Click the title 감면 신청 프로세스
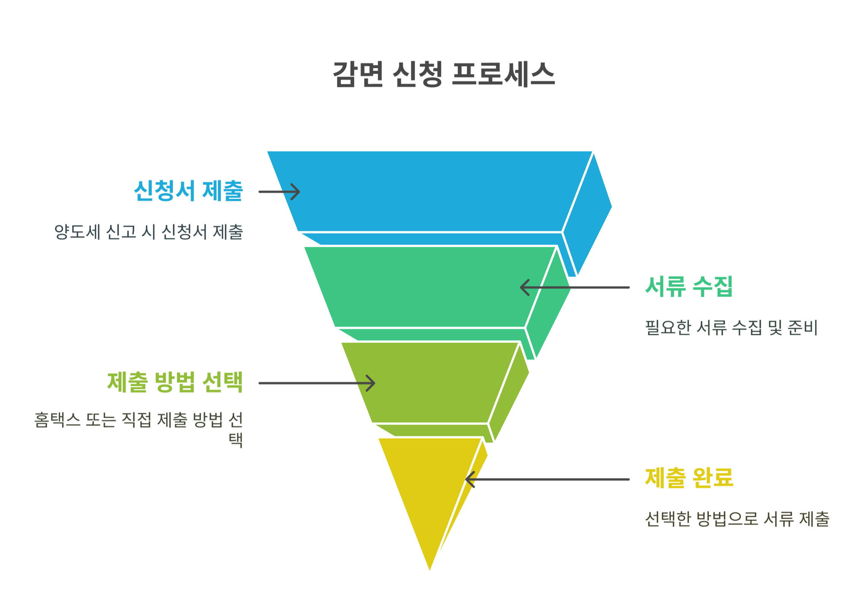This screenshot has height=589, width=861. [x=444, y=74]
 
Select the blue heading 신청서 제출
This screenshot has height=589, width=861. [x=188, y=191]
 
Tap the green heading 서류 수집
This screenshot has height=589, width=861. [x=689, y=286]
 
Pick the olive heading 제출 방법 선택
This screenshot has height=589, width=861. [x=175, y=382]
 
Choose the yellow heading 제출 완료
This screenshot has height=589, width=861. [x=689, y=478]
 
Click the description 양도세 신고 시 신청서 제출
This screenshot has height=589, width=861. [x=148, y=232]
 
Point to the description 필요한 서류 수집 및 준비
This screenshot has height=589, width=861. [x=731, y=328]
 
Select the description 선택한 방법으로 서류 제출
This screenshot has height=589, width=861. [x=737, y=519]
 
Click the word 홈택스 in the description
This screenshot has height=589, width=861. [x=57, y=420]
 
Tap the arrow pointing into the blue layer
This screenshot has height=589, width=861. [x=279, y=192]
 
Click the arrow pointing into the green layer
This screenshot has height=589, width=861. [x=574, y=287]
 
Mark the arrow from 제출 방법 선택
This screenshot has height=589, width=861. [x=317, y=383]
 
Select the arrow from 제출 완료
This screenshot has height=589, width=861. [x=547, y=479]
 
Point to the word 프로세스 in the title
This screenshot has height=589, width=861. [x=503, y=74]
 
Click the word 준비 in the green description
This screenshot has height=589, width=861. [x=802, y=328]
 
